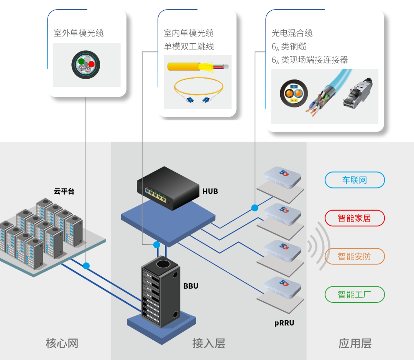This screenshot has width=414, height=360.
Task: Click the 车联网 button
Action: [x=354, y=180]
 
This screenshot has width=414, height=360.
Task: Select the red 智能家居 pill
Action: [x=354, y=218]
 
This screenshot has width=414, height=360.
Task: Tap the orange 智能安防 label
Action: [x=354, y=256]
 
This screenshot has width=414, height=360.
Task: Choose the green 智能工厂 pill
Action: [x=354, y=294]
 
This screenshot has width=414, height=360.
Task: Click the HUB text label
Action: [x=210, y=191]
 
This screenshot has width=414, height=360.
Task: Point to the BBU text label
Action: [x=191, y=286]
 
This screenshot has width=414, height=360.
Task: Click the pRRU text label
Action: [x=284, y=323]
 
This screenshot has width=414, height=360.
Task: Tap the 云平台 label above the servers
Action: [x=64, y=191]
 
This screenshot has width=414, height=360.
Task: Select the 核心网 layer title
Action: [x=62, y=343]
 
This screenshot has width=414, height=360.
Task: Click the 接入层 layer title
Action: [x=209, y=343]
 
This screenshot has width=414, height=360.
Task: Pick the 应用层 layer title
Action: [x=355, y=343]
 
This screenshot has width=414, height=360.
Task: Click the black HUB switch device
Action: [x=169, y=188]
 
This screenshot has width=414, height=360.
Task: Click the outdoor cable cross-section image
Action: [x=85, y=65]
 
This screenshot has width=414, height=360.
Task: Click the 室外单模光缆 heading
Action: [x=79, y=33]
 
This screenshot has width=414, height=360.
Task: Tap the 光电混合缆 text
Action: [x=292, y=33]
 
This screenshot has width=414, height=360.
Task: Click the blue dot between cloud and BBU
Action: [x=86, y=266]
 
